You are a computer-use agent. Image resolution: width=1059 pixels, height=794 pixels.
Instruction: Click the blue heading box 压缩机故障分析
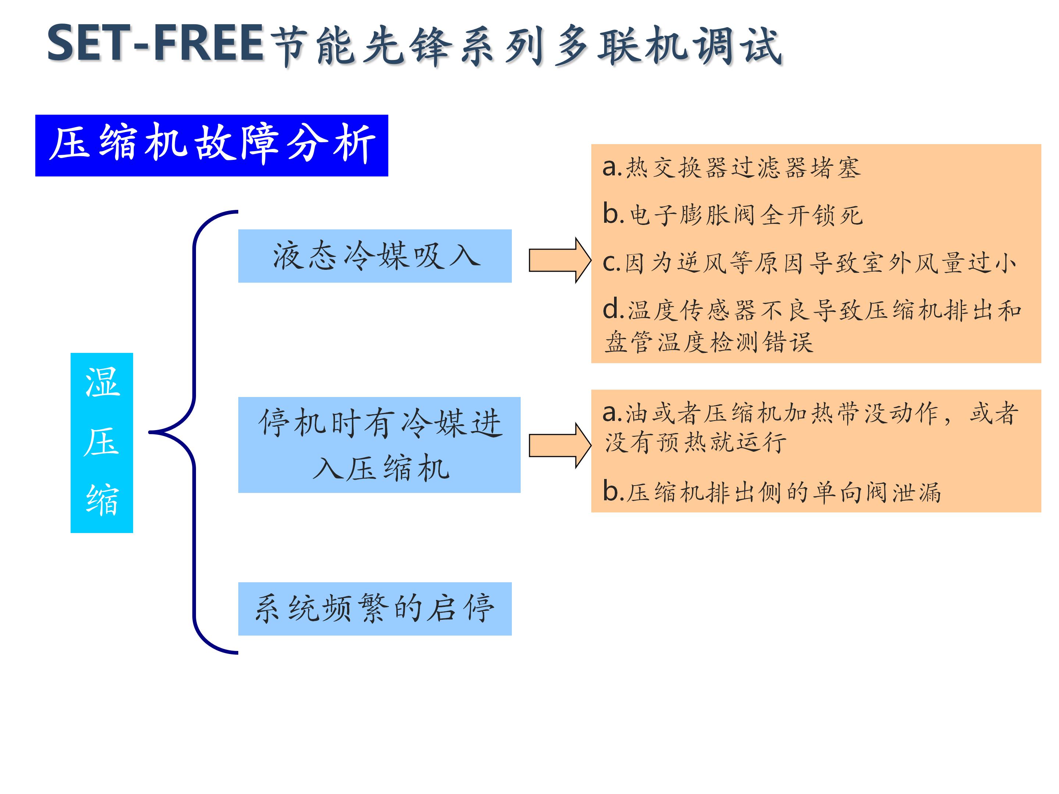(211, 145)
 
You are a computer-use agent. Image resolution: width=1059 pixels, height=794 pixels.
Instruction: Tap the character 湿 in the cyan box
(102, 383)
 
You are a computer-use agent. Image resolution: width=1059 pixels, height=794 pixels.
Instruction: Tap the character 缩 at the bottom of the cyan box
(102, 499)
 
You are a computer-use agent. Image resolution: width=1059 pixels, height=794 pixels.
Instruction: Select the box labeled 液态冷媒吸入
(375, 256)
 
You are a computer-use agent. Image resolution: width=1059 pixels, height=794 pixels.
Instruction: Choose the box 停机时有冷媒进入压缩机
(379, 445)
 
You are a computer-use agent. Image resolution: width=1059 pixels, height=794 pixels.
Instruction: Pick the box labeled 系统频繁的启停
(375, 609)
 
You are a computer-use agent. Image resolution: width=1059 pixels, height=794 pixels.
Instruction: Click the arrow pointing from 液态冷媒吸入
(559, 260)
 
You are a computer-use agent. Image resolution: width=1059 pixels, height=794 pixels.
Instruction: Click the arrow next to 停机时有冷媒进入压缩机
(559, 446)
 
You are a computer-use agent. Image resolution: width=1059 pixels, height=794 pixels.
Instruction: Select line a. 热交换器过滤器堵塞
(731, 168)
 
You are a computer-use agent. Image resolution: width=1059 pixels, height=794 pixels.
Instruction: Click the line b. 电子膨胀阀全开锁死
(732, 215)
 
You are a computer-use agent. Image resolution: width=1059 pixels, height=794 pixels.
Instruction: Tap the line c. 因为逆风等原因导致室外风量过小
(809, 263)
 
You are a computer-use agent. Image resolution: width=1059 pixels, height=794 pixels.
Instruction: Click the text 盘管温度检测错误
(709, 343)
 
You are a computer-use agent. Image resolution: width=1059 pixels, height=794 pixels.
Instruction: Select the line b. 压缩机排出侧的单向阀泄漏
(772, 492)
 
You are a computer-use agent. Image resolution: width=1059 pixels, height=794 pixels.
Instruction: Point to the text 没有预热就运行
(695, 442)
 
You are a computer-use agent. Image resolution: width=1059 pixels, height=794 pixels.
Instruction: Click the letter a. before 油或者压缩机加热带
(612, 413)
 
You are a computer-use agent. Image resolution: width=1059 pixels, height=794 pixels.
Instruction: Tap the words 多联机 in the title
(621, 46)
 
